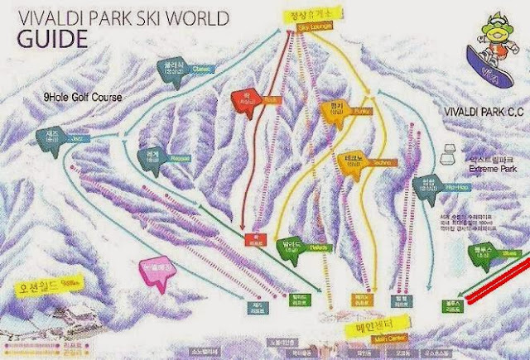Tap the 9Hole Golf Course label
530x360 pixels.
click(x=82, y=97)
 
